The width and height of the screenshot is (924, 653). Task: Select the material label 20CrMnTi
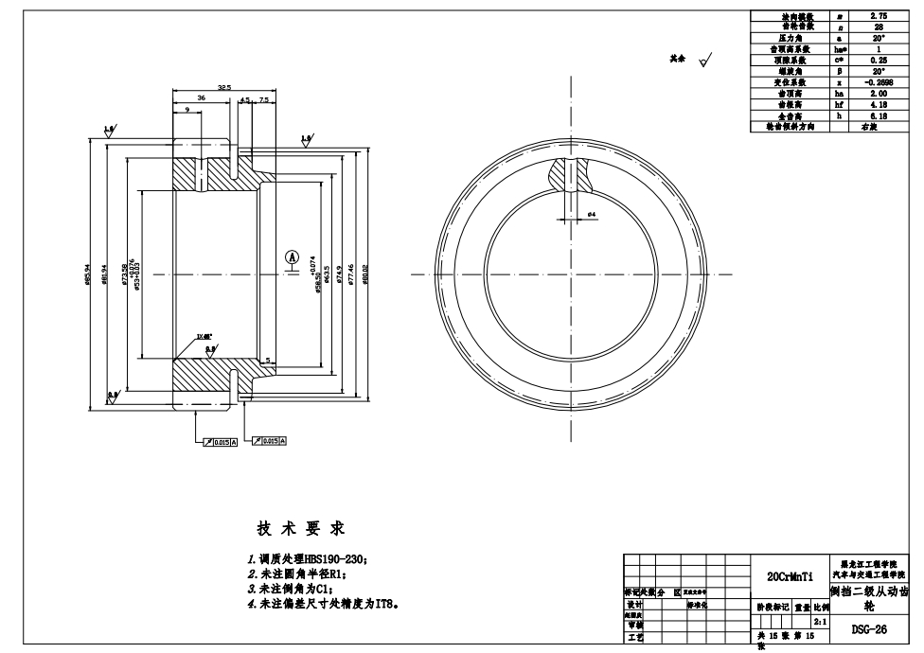click(790, 575)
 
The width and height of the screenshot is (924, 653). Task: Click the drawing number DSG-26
click(868, 627)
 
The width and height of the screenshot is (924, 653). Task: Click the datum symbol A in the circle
click(293, 257)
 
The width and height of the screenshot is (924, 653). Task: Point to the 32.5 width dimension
click(223, 87)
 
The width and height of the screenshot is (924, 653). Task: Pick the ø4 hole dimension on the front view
click(591, 216)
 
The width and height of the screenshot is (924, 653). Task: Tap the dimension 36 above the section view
click(201, 97)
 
